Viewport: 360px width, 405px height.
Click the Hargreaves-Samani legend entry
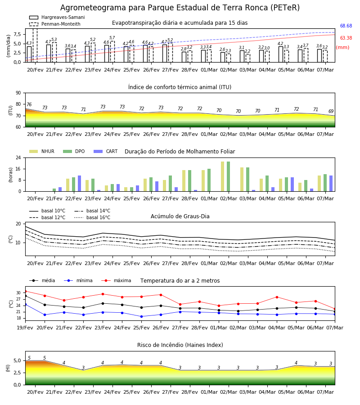pyautogui.click(x=57, y=17)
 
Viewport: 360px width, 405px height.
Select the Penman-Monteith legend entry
pyautogui.click(x=55, y=24)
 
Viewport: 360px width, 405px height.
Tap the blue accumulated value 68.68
pyautogui.click(x=346, y=26)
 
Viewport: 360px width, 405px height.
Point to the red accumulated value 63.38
pyautogui.click(x=346, y=38)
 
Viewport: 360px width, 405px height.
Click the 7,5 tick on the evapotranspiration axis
pyautogui.click(x=17, y=34)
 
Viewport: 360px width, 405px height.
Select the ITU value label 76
pyautogui.click(x=29, y=104)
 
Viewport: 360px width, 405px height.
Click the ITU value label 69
pyautogui.click(x=331, y=111)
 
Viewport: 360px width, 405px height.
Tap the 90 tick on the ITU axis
pyautogui.click(x=18, y=93)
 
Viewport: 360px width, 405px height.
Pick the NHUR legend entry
pyautogui.click(x=42, y=151)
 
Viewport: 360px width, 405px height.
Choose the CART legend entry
pyautogui.click(x=106, y=151)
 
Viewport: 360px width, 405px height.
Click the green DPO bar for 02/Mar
pyautogui.click(x=228, y=176)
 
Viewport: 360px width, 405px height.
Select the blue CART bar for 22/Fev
pyautogui.click(x=79, y=184)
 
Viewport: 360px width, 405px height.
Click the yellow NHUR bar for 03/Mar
pyautogui.click(x=242, y=180)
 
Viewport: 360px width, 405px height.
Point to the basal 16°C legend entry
pyautogui.click(x=92, y=217)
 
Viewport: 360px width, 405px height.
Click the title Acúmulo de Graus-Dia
pyautogui.click(x=180, y=216)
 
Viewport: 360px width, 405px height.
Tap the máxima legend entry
pyautogui.click(x=116, y=280)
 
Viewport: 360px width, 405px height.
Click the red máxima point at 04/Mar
pyautogui.click(x=277, y=297)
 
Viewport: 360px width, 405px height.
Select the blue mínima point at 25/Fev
pyautogui.click(x=141, y=316)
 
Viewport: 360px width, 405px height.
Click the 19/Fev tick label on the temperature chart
pyautogui.click(x=25, y=328)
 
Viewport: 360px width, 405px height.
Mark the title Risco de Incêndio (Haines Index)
pyautogui.click(x=180, y=345)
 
